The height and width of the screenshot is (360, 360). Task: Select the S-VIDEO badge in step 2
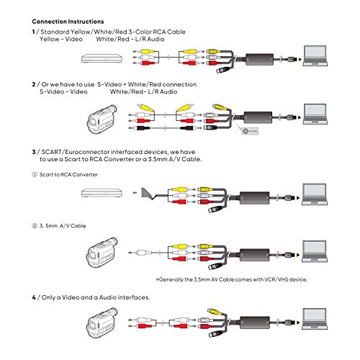(x=248, y=130)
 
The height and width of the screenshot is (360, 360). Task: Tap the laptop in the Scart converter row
(x=316, y=192)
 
